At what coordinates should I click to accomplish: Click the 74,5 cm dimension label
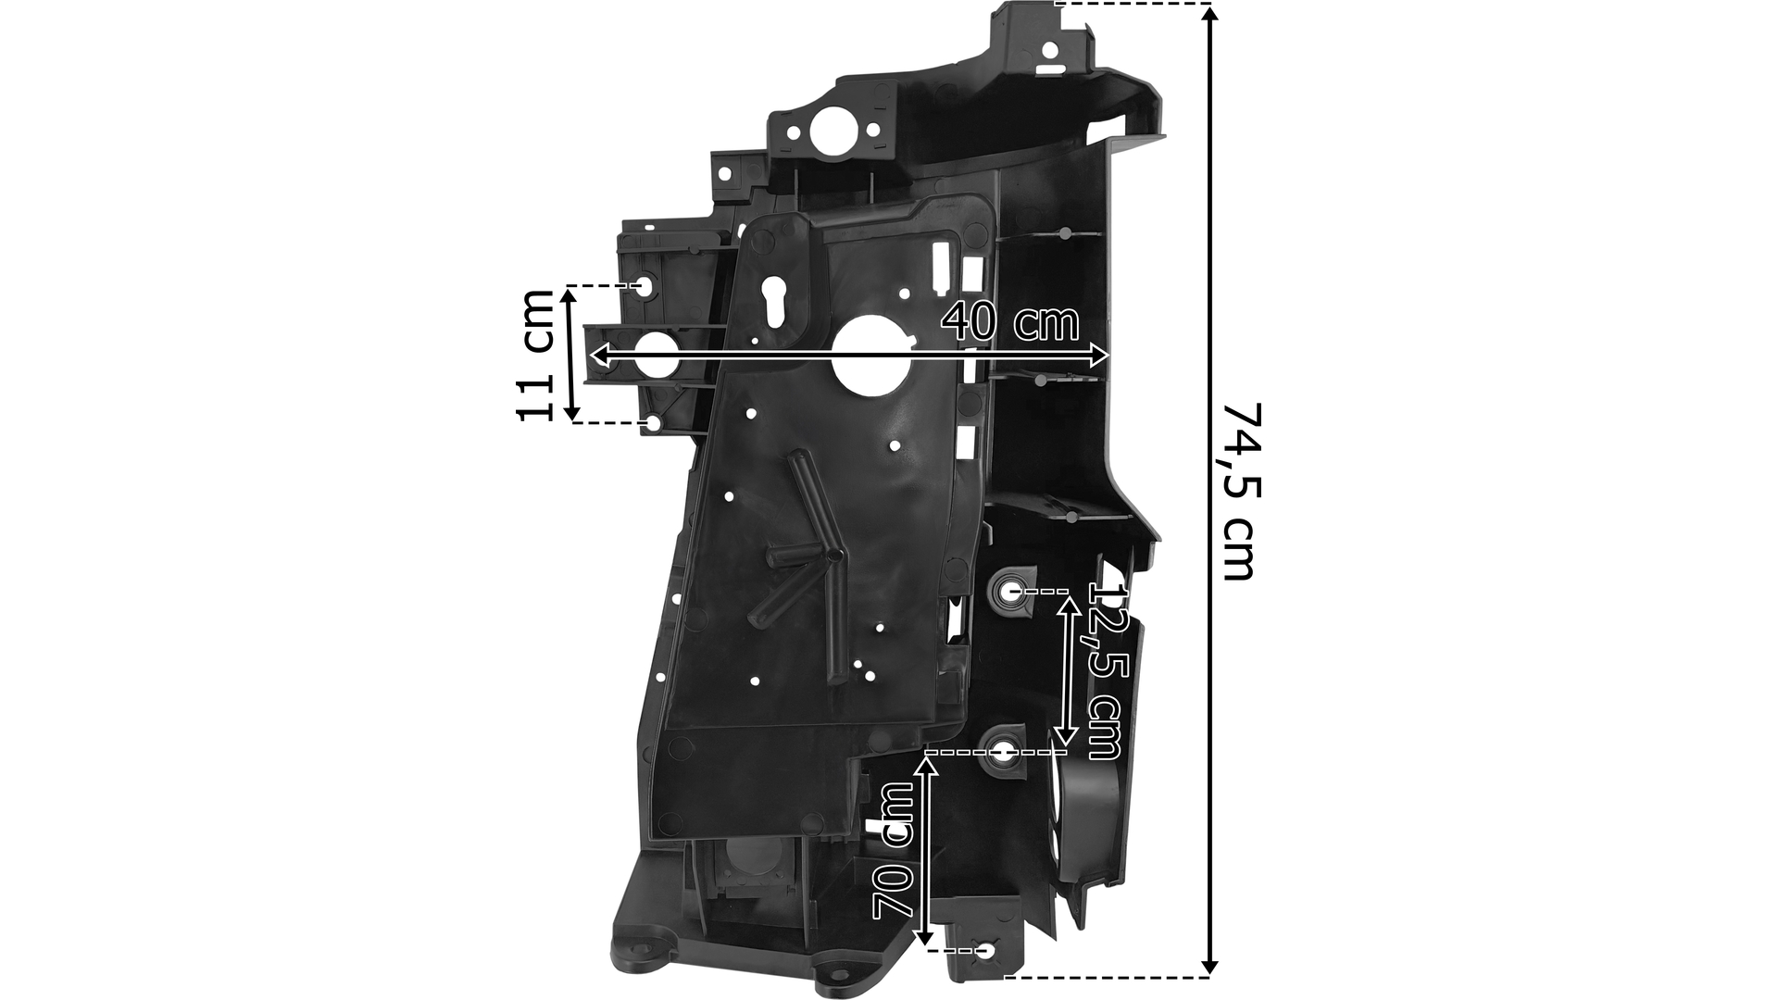coord(1238,491)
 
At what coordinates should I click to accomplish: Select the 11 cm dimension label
coord(535,355)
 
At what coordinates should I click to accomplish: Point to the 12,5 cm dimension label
coord(1107,671)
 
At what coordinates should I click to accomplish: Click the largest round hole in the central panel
coord(870,356)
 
